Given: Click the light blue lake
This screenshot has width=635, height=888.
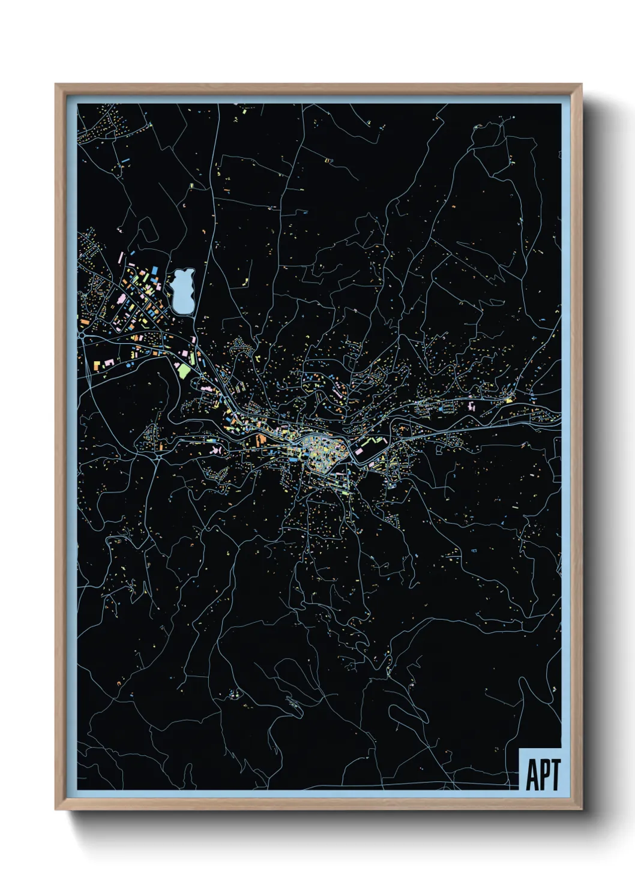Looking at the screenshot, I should (x=182, y=292).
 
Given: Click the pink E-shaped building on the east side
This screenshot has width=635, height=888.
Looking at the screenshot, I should (x=472, y=406).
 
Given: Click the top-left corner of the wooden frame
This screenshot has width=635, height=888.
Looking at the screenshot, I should (x=56, y=85).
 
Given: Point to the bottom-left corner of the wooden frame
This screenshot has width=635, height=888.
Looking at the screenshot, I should (x=56, y=809).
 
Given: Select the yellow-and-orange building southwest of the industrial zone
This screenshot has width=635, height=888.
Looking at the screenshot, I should (x=97, y=364).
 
